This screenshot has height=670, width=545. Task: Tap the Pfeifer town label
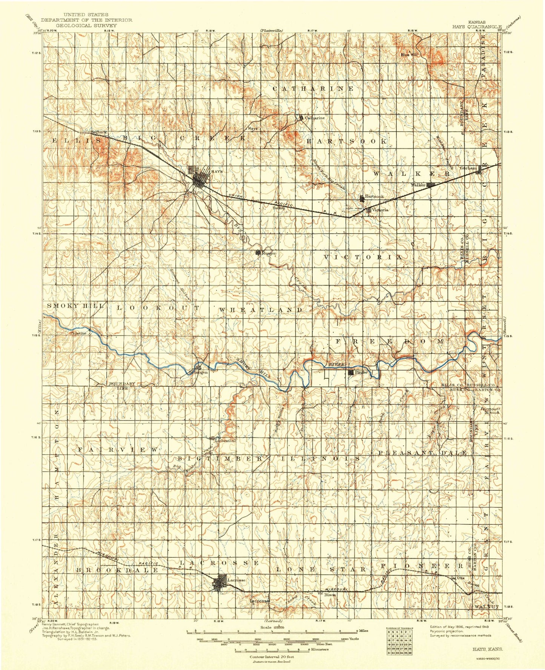(361, 372)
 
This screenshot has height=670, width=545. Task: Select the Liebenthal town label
(225, 440)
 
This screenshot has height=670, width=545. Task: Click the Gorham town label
(468, 168)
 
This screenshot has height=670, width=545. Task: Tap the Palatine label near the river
(78, 333)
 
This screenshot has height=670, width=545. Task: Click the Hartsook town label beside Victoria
(374, 197)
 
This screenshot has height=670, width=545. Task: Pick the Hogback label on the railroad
(98, 132)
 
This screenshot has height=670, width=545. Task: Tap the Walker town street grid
(431, 185)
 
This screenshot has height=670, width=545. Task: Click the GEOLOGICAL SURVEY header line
(86, 25)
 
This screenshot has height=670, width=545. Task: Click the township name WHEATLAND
(261, 310)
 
